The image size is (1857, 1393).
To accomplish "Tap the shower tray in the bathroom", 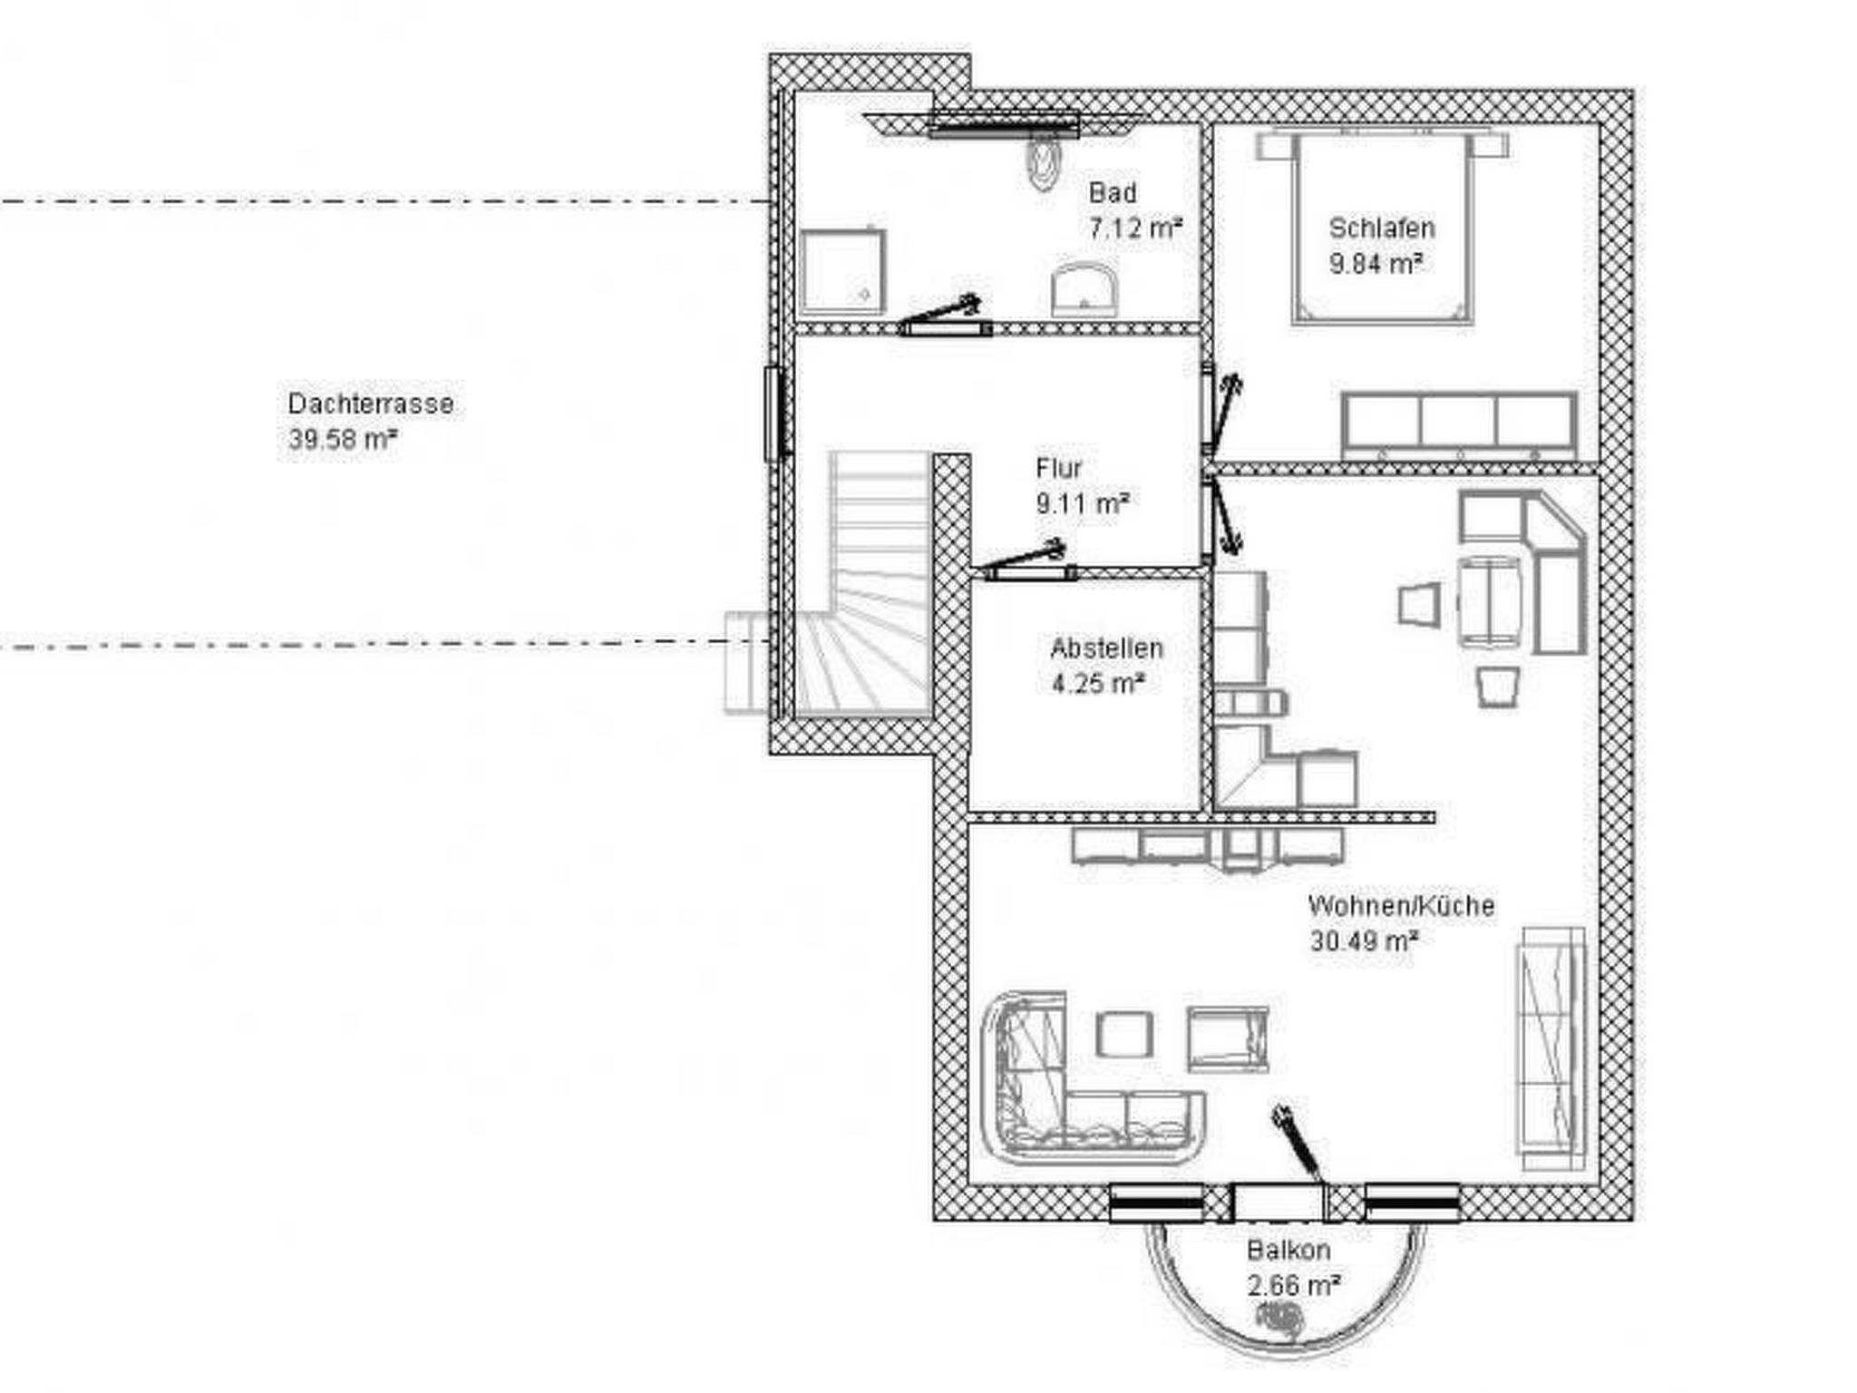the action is point(842,270).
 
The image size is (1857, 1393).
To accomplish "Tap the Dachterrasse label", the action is point(371,404).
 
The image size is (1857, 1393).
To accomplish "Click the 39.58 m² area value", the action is point(343,440).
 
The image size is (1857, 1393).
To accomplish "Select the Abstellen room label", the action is point(1106,648).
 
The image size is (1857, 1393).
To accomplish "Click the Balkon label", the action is point(1288,1251).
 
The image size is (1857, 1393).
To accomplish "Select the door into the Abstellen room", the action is point(1026,561).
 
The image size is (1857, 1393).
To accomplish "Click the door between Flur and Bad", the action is point(942,316).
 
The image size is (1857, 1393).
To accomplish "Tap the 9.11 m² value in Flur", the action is point(1083,503).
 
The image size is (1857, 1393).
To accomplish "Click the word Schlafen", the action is point(1382,228).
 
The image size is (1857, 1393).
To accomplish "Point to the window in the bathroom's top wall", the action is point(1005,124).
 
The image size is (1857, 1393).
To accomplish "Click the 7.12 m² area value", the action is point(1135,229).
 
